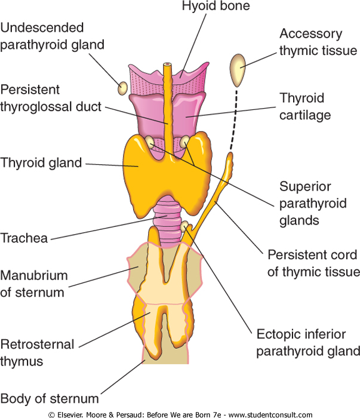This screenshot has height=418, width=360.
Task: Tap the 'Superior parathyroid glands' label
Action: [312, 203]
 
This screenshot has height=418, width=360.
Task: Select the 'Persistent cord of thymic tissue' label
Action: [312, 263]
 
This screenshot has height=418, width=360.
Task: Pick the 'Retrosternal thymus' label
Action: [38, 352]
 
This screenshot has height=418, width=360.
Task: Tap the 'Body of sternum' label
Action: [50, 398]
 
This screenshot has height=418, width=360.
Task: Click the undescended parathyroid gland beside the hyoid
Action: [122, 88]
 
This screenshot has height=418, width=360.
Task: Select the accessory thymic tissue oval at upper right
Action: [238, 70]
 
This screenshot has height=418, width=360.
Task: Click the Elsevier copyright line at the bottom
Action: [180, 414]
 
